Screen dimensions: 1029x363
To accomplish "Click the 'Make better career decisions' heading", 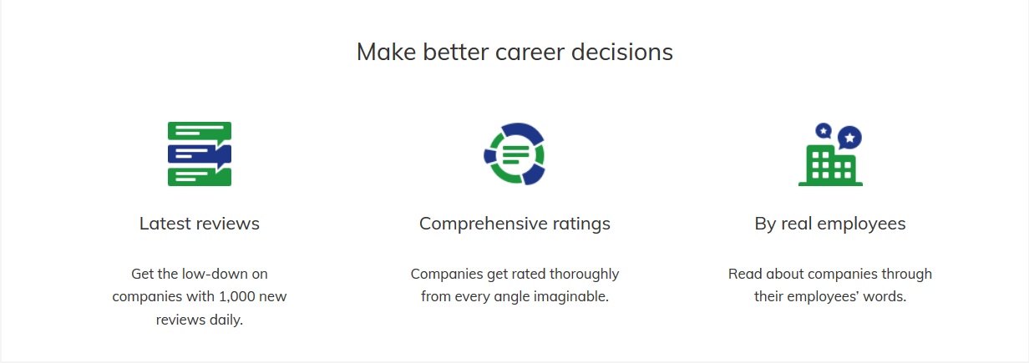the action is pos(514,52).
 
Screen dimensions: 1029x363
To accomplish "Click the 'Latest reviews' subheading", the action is pos(200,224).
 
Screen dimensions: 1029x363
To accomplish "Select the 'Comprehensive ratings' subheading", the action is pos(514,224).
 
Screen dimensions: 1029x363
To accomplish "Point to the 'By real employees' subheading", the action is pos(830,224).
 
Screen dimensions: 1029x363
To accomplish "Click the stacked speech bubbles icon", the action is pos(200,154).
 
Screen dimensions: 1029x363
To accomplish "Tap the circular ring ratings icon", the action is pos(514,154).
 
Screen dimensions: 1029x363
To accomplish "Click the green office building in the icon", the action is pos(830,166).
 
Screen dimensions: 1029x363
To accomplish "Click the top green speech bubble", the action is pos(200,131).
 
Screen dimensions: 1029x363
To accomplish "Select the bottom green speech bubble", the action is pos(200,177).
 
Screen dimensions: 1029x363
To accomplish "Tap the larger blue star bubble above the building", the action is pos(849,137).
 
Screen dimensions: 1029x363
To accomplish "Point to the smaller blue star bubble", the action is pos(824,131).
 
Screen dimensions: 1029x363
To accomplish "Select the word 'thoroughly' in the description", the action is pos(585,275).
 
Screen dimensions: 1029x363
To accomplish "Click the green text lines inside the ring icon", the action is pos(515,154).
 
